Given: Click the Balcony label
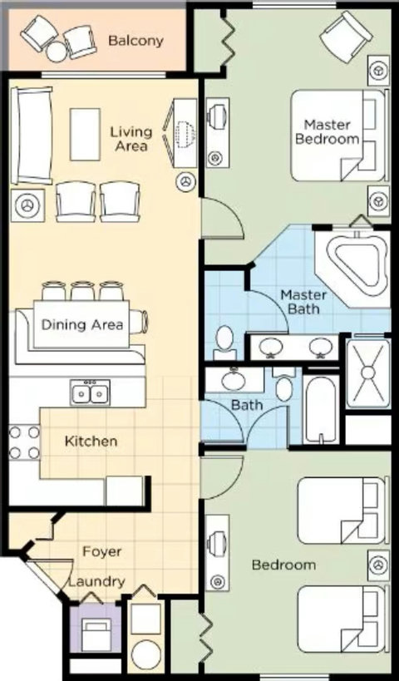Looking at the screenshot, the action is coord(135,42).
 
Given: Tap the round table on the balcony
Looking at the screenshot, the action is coord(57,52).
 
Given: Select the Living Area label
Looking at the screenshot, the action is coord(131,139).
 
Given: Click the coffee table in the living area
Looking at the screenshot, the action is coord(85,135).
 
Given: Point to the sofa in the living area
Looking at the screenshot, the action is coord(32,136).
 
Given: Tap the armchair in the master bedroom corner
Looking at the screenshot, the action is coord(346,32).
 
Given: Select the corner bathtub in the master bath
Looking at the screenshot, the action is coord(354,264).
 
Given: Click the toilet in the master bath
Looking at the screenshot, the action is coord(225,343).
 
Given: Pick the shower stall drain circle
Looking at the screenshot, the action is coord(367,373).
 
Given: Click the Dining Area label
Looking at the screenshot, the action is coord(82,324).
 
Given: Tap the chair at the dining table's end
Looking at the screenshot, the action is coord(139,322).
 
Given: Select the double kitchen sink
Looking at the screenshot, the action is coord(91,393).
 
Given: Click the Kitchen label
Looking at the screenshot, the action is coord(91,442).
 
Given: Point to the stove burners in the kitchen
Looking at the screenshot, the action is coord(24,442).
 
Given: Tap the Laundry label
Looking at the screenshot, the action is coord(96,581).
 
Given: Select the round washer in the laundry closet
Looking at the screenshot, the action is coord(146,654).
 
